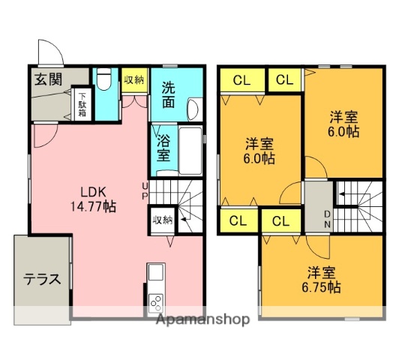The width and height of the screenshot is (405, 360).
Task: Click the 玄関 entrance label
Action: pyautogui.click(x=46, y=80)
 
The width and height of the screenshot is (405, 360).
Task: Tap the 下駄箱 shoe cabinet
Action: pyautogui.click(x=82, y=105)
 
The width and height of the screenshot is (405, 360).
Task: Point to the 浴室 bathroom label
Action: pyautogui.click(x=163, y=148)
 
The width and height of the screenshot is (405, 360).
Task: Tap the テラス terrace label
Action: pyautogui.click(x=41, y=279)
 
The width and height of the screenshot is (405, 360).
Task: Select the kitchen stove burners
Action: pyautogui.click(x=157, y=302)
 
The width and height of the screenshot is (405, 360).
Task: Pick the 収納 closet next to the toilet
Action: pyautogui.click(x=134, y=80)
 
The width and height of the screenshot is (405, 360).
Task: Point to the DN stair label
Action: pyautogui.click(x=327, y=220)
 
